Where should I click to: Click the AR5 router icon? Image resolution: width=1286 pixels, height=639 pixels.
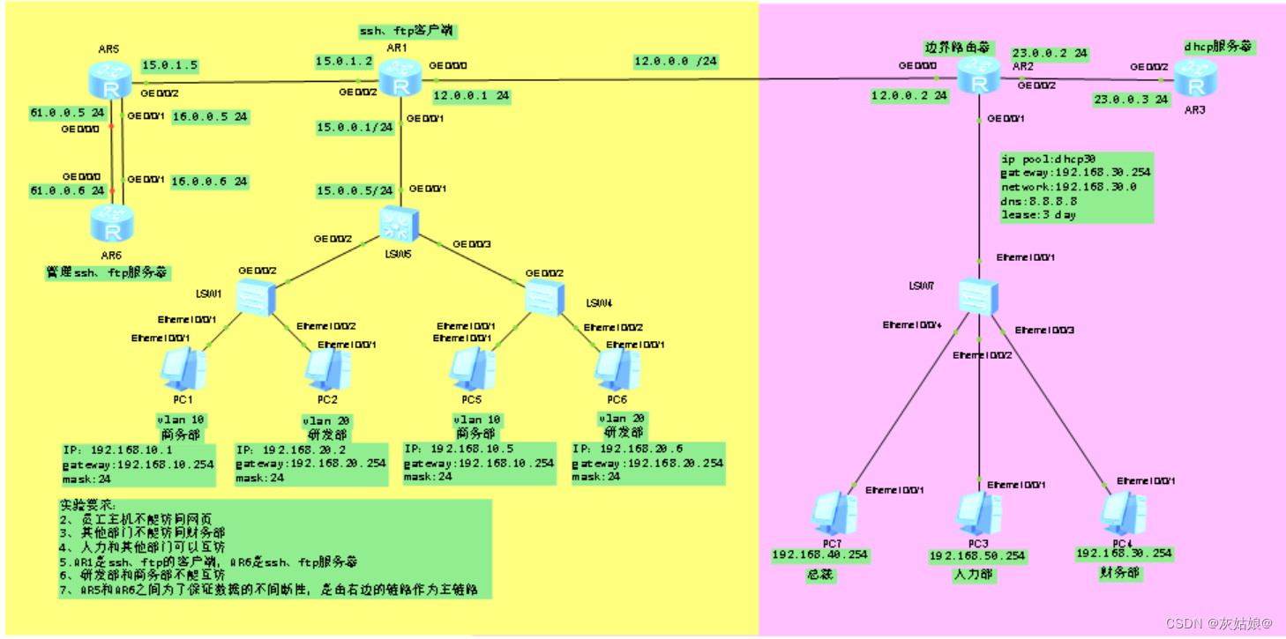pos(111,82)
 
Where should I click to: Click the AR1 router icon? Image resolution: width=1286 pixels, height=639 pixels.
pos(401,82)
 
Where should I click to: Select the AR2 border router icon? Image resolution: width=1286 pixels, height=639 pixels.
pos(979,78)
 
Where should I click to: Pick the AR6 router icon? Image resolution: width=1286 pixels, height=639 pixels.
pos(111,224)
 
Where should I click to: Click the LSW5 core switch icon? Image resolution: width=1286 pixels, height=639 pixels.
pos(401,225)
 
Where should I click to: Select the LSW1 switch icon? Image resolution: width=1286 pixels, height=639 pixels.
pos(257,298)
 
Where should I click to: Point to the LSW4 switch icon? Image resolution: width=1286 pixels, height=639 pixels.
pos(544,298)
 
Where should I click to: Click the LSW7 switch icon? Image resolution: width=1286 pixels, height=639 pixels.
pos(978,297)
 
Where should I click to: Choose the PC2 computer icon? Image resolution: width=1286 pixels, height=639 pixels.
pos(328,370)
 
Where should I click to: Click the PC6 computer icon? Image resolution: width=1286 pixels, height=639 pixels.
pos(617,370)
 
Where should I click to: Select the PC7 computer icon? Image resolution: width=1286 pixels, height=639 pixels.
pos(834,514)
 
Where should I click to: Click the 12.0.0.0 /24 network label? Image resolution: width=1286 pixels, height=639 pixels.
pos(676,62)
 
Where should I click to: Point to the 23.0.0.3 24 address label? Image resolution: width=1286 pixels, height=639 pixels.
pos(1131,100)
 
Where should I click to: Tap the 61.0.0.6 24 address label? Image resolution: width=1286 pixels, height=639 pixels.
pos(67,190)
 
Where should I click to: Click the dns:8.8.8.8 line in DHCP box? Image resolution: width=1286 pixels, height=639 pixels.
pos(1037,201)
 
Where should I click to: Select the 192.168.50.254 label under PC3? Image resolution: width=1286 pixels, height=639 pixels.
pos(977,556)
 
